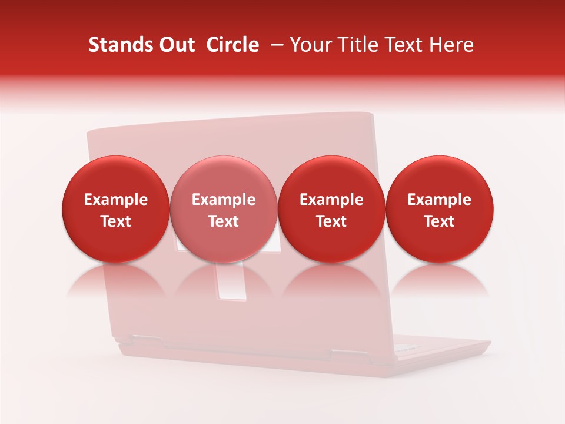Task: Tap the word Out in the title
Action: click(x=175, y=45)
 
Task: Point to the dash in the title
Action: click(x=275, y=45)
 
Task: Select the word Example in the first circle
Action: click(x=116, y=200)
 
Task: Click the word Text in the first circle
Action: click(x=116, y=221)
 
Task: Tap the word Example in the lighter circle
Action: click(x=224, y=200)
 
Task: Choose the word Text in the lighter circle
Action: click(x=224, y=221)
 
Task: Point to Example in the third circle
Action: click(x=331, y=200)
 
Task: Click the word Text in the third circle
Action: click(x=331, y=221)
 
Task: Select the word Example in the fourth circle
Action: click(x=440, y=200)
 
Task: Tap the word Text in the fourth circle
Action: click(x=440, y=221)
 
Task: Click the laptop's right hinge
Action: click(x=344, y=354)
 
